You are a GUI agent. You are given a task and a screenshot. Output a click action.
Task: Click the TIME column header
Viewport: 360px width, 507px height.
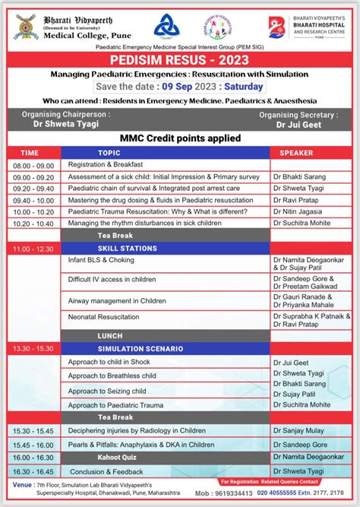click(x=30, y=153)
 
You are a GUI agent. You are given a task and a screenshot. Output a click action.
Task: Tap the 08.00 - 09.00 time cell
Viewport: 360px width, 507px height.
click(x=33, y=165)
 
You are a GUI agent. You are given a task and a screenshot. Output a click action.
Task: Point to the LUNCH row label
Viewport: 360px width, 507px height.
click(x=110, y=335)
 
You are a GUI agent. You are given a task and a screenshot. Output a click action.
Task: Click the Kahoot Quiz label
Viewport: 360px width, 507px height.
click(x=118, y=458)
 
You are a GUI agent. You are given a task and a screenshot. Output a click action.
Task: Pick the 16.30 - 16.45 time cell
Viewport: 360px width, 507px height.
click(x=33, y=471)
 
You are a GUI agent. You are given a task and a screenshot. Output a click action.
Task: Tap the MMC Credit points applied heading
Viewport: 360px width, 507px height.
click(x=180, y=138)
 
